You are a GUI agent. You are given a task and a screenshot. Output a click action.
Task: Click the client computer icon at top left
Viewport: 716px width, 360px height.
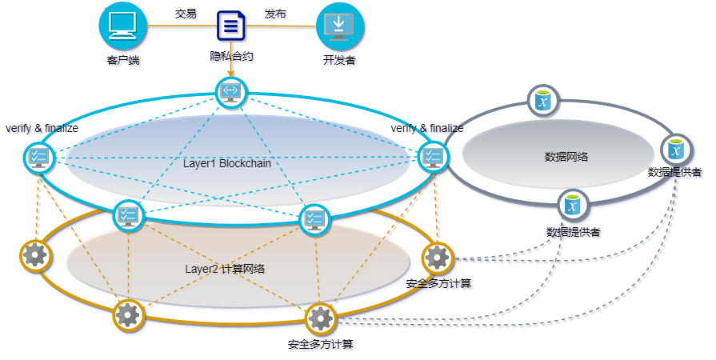[x=125, y=25]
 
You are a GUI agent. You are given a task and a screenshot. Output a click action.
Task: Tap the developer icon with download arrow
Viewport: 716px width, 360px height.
[x=340, y=26]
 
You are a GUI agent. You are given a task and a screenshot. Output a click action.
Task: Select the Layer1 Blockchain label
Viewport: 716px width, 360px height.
[x=227, y=163]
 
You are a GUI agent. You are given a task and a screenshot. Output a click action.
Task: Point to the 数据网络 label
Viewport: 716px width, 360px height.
[x=566, y=157]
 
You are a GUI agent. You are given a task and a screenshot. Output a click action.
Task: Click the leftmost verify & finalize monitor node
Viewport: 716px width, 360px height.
[x=38, y=158]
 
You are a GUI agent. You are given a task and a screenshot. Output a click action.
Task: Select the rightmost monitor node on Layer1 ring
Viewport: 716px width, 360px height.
[x=433, y=157]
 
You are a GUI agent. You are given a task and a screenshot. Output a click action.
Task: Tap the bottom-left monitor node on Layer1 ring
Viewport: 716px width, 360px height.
[x=127, y=215]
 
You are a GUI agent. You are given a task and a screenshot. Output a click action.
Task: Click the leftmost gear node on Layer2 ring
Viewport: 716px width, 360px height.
[x=35, y=255]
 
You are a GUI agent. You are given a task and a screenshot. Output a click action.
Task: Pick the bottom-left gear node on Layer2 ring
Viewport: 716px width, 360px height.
[x=128, y=314]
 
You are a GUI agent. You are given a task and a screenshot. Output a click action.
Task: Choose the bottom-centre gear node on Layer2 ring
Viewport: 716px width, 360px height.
[x=320, y=318]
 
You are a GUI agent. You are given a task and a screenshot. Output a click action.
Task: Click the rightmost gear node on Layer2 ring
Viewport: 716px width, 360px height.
[x=437, y=257]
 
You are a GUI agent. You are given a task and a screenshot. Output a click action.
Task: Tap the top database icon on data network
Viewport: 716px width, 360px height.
[x=543, y=102]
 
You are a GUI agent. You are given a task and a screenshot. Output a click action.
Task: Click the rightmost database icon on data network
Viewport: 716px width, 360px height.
[x=676, y=150]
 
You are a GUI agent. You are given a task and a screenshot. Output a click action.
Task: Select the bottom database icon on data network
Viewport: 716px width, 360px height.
[x=572, y=205]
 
